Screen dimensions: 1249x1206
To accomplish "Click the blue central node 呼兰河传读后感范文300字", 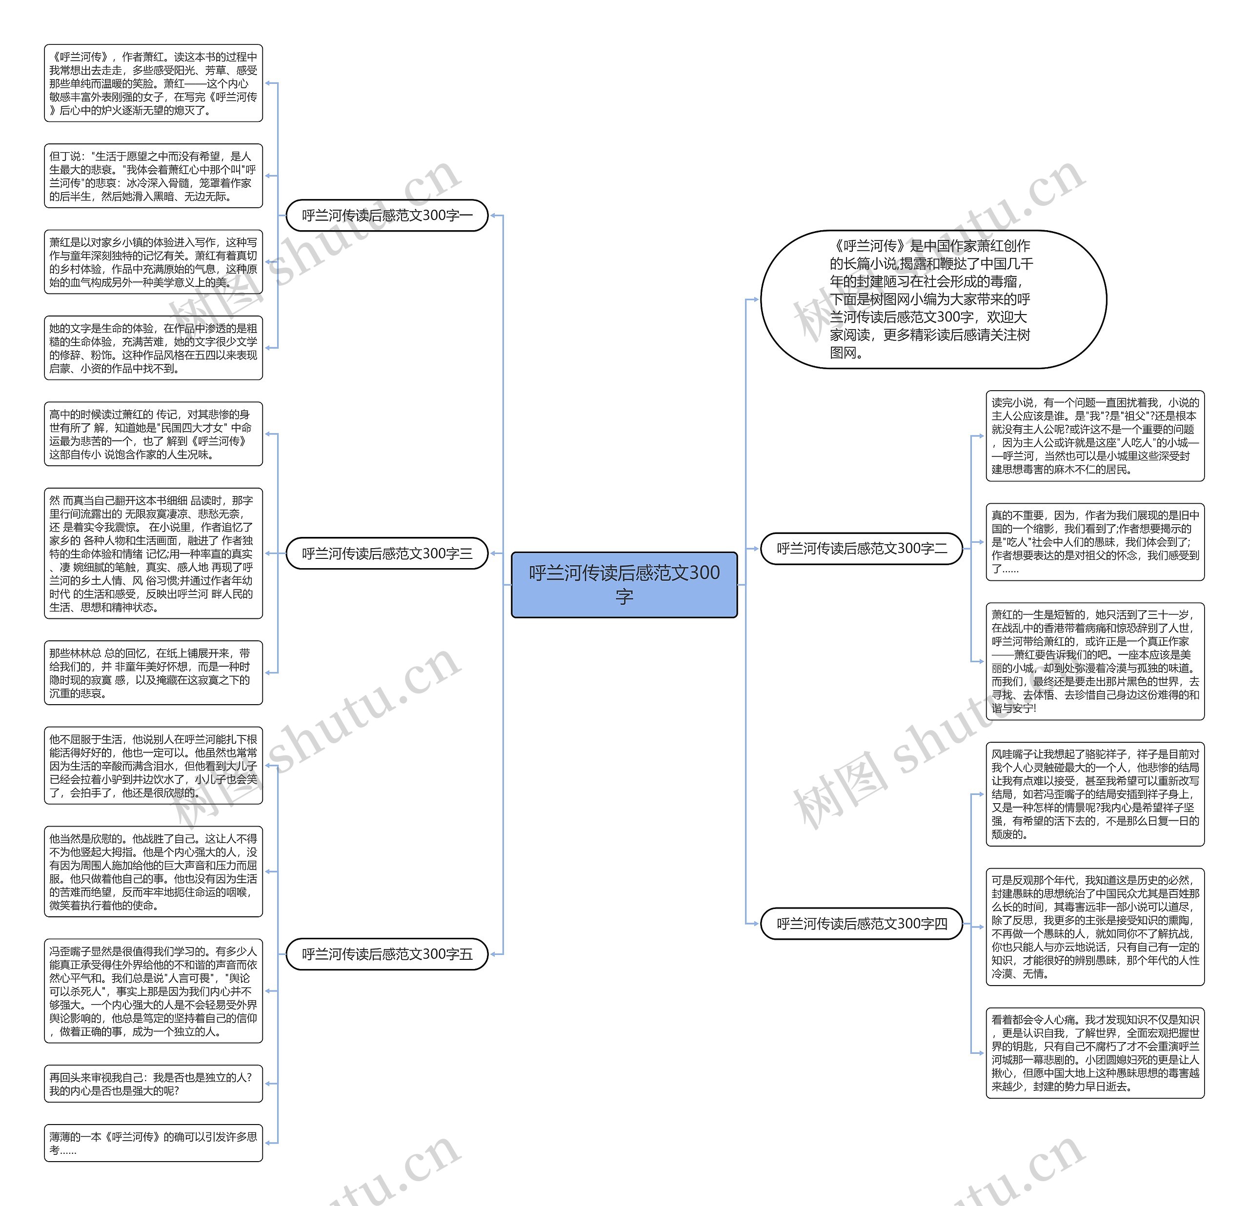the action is point(624,584).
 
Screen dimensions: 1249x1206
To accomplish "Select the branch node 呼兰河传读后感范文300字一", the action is point(387,216).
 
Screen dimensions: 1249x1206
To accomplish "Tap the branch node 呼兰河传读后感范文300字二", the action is point(862,549).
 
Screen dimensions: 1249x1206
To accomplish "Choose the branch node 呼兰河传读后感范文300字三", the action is point(387,553).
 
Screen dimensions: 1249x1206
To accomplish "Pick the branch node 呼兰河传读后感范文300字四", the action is point(862,923).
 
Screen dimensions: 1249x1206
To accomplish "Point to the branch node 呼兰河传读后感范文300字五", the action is point(387,954).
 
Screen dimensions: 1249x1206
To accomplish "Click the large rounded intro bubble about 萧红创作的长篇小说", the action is point(933,299).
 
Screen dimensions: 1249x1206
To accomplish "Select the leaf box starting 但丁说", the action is point(153,176).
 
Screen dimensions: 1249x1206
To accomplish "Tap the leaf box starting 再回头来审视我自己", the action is point(153,1083).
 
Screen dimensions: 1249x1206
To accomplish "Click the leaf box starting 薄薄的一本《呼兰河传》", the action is point(153,1143).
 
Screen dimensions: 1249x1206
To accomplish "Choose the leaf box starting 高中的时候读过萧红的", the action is point(153,434).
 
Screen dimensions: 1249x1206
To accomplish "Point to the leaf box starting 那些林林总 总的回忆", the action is point(153,673).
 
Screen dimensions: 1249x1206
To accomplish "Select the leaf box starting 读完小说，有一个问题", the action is point(1095,436).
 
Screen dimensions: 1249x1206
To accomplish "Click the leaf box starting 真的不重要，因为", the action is point(1095,541).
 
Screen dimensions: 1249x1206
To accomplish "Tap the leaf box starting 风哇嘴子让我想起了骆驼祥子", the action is point(1095,794).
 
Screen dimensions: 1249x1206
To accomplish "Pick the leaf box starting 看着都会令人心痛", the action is point(1095,1053).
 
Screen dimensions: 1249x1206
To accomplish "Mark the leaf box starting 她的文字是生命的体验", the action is point(153,348).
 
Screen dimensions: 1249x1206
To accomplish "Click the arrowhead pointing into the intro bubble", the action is point(755,299).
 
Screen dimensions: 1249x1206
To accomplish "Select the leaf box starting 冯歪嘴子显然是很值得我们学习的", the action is point(153,990).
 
